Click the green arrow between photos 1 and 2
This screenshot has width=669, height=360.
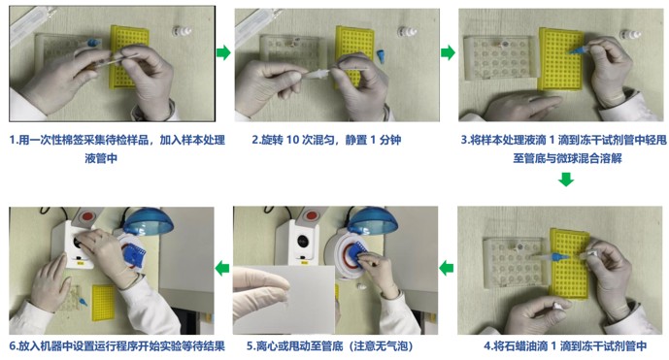[x=223, y=52]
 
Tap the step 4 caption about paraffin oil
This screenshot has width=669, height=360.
[x=562, y=345]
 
